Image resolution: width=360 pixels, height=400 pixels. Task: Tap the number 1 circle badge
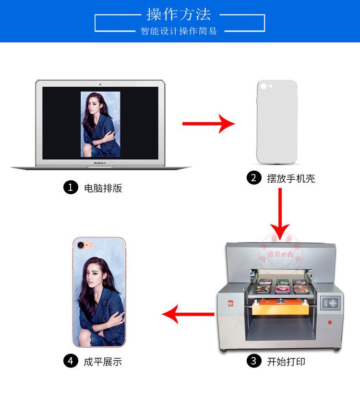(71, 188)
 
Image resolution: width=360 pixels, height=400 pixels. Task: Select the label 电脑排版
(103, 188)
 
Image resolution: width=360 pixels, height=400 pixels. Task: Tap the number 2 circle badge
(253, 178)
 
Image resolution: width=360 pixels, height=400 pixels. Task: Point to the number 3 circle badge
(253, 361)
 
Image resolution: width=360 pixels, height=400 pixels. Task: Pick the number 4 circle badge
(71, 361)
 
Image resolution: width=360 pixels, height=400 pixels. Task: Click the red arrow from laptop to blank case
(208, 124)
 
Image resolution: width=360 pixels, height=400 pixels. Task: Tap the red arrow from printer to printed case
(188, 315)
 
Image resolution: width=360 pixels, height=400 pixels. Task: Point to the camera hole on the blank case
(264, 88)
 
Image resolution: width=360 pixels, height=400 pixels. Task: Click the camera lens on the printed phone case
(80, 245)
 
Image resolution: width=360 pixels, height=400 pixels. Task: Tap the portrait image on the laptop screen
(100, 124)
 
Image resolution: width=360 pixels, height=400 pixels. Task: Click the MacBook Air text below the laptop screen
(100, 163)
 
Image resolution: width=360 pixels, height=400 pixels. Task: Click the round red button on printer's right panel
(329, 322)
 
